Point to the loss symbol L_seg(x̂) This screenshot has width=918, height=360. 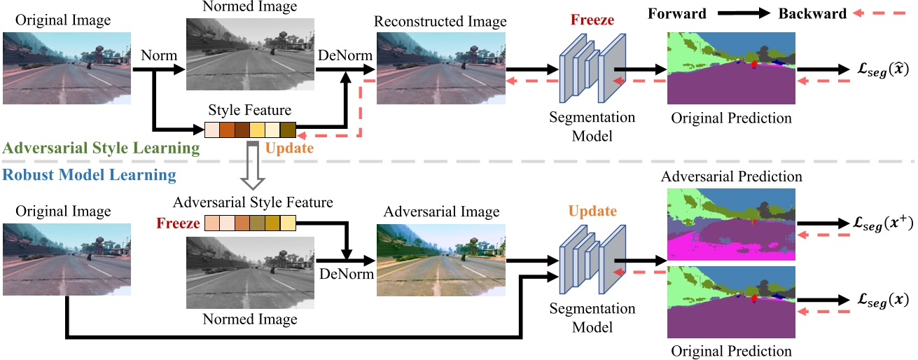pos(878,71)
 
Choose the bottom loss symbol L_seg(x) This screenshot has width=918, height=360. pos(878,300)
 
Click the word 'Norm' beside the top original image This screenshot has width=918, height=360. pos(157,54)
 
